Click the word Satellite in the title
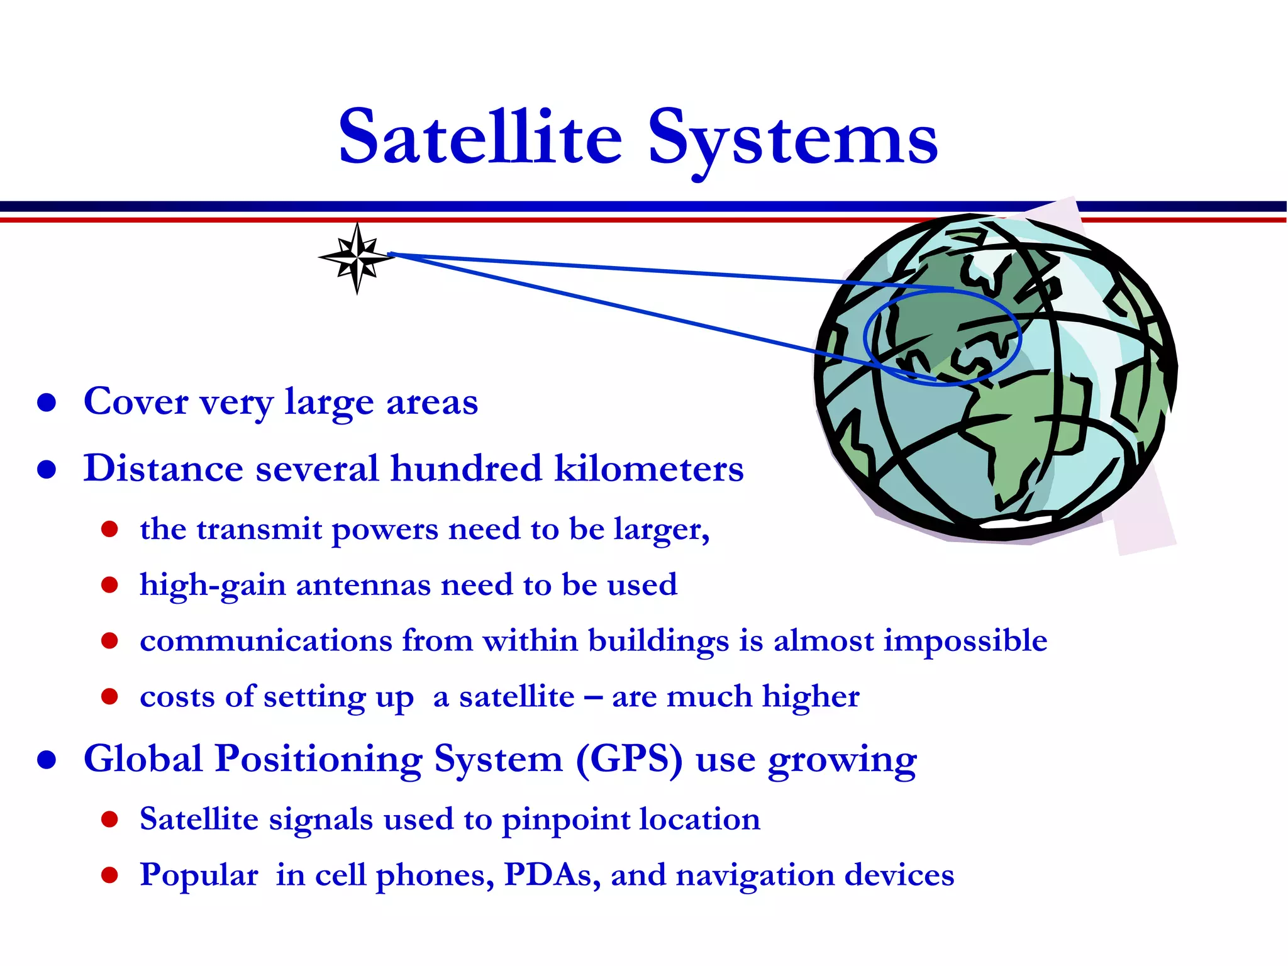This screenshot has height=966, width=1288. coord(480,137)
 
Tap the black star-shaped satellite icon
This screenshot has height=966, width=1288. coord(357,257)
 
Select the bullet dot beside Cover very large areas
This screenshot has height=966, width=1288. coord(47,402)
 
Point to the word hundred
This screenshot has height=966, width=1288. coord(465,469)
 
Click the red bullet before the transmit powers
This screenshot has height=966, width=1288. coord(109,529)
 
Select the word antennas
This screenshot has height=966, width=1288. coord(363,585)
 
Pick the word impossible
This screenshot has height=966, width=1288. coord(965,641)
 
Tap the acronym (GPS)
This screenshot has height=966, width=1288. coord(628,758)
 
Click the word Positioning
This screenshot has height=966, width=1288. coord(318,759)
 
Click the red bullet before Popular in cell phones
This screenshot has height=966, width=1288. coord(109,875)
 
